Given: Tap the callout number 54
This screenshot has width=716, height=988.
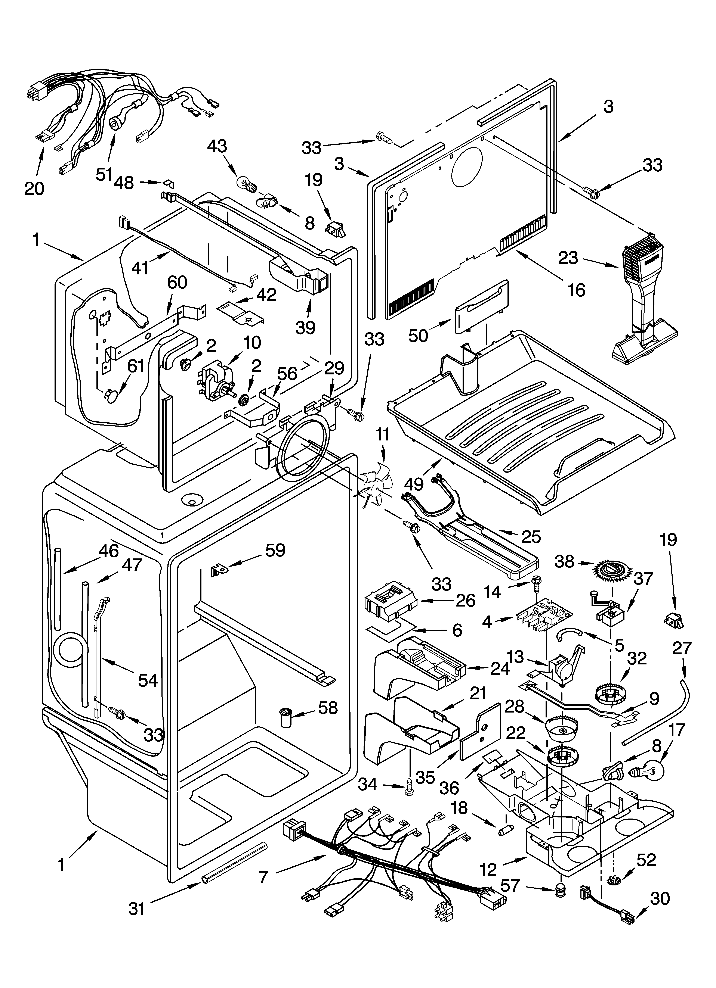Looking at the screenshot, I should coord(148,680).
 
